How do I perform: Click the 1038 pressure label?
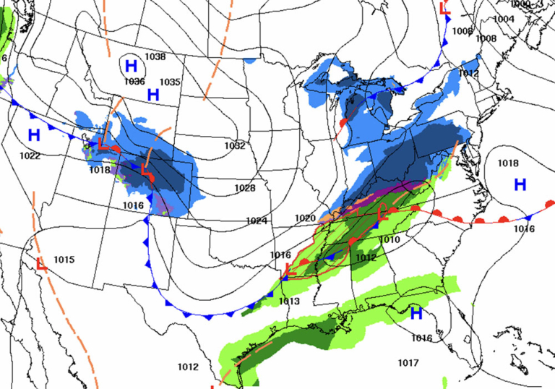coord(155,56)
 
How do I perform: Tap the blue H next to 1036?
coord(131,66)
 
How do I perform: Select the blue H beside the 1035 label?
coord(153,95)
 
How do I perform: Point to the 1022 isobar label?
coord(30,155)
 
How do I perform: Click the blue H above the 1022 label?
coord(34,134)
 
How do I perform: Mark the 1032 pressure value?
coord(234,145)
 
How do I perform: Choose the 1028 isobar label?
coord(246,188)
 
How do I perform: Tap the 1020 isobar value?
coord(305,218)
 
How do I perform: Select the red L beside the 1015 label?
coord(41,265)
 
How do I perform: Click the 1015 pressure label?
coord(64,260)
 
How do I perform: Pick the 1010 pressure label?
coord(390,239)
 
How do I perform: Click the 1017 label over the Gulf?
coord(408,362)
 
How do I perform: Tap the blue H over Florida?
coord(416,313)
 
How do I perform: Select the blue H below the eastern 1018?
coord(520,184)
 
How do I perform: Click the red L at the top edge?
coord(445,9)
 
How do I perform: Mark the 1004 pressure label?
coord(504,19)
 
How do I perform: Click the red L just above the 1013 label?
coord(288,270)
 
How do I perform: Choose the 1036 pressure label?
coord(134,82)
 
